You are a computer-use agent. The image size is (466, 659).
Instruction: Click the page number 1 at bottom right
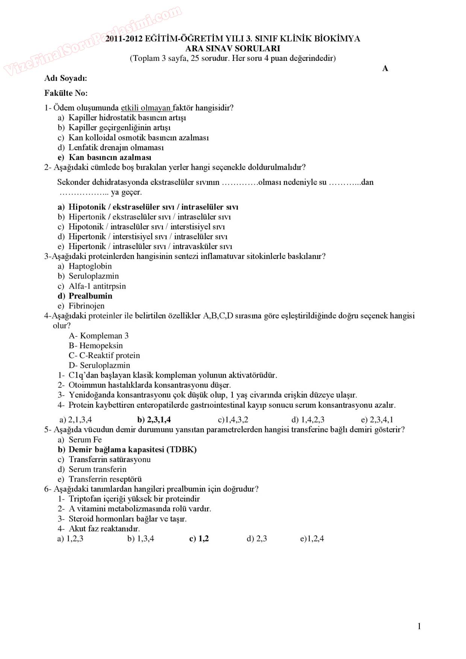point(419,626)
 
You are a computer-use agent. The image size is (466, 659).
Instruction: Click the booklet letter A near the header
point(385,68)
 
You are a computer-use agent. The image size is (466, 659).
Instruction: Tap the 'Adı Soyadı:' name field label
point(66,78)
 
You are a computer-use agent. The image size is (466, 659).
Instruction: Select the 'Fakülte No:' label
point(66,93)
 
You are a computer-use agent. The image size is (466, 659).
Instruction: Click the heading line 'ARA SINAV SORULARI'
point(233,48)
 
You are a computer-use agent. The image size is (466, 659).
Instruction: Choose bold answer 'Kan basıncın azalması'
point(110,157)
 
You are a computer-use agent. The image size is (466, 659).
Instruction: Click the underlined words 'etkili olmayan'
point(146,108)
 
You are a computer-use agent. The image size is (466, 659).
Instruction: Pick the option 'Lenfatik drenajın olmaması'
point(116,148)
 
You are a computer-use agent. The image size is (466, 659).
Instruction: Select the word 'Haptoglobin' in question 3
point(90,266)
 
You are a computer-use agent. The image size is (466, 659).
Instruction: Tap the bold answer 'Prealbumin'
point(91,296)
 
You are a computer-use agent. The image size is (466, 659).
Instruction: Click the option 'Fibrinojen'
point(86,306)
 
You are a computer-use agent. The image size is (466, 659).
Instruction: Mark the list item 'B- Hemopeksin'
point(96,346)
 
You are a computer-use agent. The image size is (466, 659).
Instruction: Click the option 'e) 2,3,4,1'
point(377,420)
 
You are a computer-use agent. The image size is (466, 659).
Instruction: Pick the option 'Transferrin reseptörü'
point(105,479)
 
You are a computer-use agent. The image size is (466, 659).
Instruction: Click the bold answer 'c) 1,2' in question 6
point(199,539)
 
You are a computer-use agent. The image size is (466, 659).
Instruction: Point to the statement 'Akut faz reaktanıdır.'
point(104,529)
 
